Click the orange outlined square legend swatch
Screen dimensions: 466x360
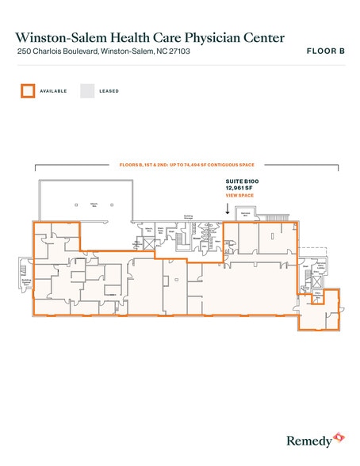[29, 90]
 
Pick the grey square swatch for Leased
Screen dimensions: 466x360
[87, 90]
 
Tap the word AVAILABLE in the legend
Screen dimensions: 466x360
[55, 91]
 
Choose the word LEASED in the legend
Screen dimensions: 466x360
[109, 91]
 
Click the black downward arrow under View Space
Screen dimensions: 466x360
[228, 209]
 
